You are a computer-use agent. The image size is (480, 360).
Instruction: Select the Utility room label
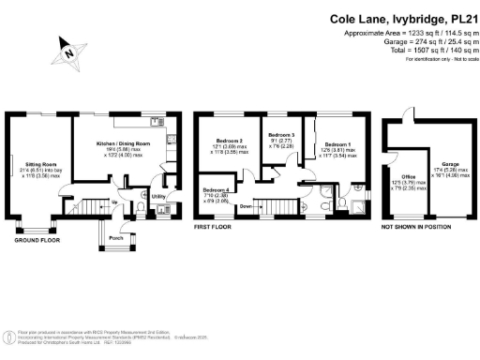coord(159,197)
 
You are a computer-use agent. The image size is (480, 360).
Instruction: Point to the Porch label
coord(117,237)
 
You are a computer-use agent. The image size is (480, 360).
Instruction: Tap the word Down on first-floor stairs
coord(245,205)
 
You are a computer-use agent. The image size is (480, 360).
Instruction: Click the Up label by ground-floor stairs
coord(114,202)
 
